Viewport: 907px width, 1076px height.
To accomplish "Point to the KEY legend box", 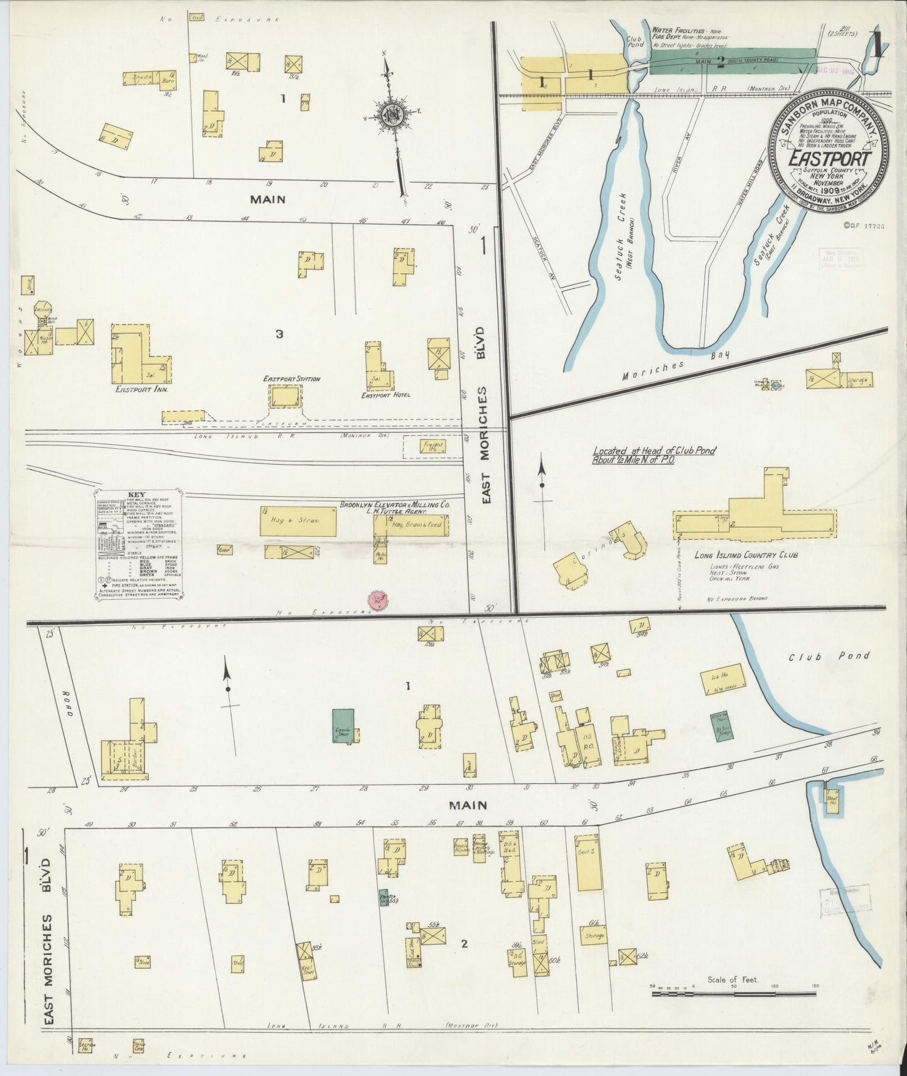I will pos(137,544).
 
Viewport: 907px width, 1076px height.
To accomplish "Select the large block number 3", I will pos(279,334).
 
